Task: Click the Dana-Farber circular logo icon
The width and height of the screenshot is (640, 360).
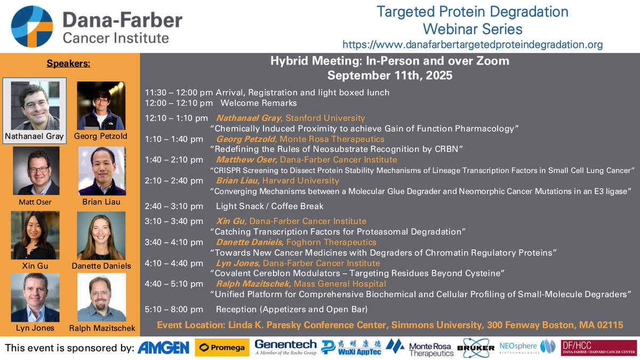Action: (32, 27)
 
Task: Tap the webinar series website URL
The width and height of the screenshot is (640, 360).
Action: (472, 45)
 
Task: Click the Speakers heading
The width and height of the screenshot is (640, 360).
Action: (68, 64)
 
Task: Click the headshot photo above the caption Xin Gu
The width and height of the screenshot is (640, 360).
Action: (35, 235)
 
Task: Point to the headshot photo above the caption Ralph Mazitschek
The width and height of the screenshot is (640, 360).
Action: (101, 297)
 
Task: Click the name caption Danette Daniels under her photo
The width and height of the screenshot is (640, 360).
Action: (101, 265)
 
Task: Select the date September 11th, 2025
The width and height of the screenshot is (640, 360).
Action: (389, 75)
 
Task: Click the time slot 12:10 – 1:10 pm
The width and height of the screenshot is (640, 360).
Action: (177, 118)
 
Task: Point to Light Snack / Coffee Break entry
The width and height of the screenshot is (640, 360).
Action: (269, 206)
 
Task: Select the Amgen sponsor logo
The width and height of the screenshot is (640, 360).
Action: (164, 348)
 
